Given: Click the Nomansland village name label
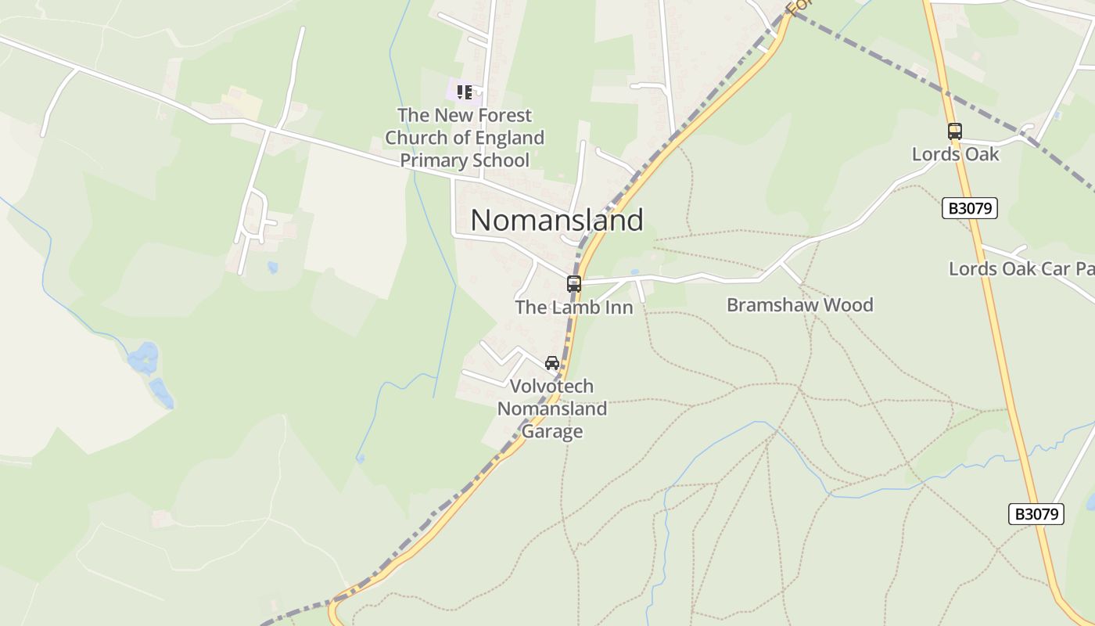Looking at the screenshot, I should coord(557,220).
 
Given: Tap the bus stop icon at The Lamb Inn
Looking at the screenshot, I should coord(574,284).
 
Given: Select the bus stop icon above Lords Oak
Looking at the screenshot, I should coord(954,131).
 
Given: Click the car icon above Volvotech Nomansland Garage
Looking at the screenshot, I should coord(552,363).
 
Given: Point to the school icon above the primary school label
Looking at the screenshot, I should coord(465,93).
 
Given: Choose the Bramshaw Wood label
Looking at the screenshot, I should coord(799,305).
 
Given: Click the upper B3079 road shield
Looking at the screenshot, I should coord(970,208).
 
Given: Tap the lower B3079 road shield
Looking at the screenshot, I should coord(1036,514).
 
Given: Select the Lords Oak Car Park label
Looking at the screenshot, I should coord(1021,268).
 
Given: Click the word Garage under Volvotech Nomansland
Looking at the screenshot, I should coord(552,431).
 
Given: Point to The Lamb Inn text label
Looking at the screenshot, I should coord(574,308).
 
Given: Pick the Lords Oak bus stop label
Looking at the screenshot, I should coord(955,154).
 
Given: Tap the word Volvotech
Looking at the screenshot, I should coord(551,387).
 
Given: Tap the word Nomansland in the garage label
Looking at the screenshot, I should coord(552,408).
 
